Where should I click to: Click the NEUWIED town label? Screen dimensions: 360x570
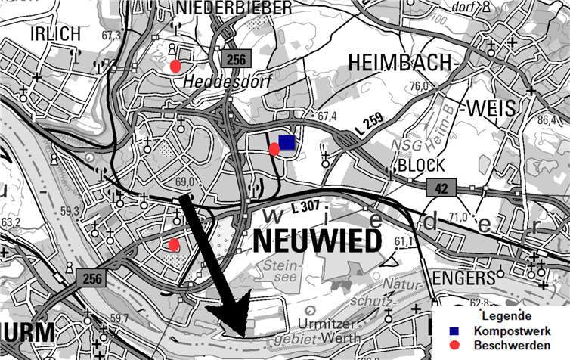317,241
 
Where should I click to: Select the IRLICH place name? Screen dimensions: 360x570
54,34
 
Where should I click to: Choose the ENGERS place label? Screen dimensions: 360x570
463,278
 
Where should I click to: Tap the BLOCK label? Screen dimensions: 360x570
421,165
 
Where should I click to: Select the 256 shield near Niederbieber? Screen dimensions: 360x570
235,59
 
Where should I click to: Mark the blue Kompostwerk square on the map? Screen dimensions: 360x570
287,142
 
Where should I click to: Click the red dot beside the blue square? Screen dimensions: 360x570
274,149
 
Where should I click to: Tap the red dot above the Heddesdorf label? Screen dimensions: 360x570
175,66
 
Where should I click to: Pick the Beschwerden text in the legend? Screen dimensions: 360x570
512,346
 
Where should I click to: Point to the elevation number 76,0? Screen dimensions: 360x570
419,85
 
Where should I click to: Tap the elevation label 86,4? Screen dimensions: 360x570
546,121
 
